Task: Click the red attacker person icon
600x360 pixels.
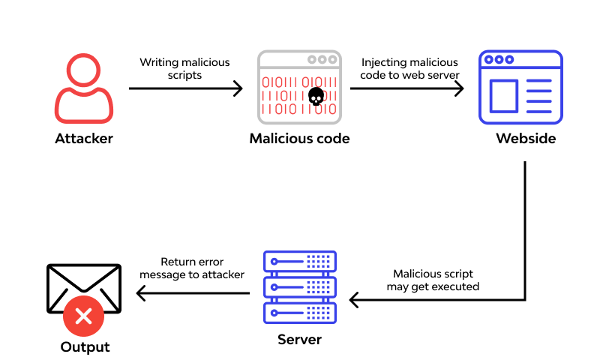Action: pyautogui.click(x=84, y=88)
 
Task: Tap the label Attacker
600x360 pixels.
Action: pyautogui.click(x=84, y=139)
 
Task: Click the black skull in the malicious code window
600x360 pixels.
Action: pyautogui.click(x=316, y=97)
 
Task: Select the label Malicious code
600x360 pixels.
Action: pyautogui.click(x=299, y=139)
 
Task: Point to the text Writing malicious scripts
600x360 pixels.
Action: pyautogui.click(x=184, y=68)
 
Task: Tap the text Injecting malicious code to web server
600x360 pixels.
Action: pyautogui.click(x=409, y=68)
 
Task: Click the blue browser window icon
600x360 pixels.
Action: pyautogui.click(x=520, y=88)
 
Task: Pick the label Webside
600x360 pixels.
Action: pyautogui.click(x=526, y=139)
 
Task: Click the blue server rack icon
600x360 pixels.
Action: pyautogui.click(x=300, y=287)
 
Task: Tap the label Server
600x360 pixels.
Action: pyautogui.click(x=299, y=340)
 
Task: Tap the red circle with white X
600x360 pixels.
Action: pyautogui.click(x=83, y=316)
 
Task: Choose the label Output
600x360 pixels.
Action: pyautogui.click(x=85, y=347)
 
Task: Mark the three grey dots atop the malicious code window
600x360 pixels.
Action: pyautogui.click(x=322, y=59)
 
